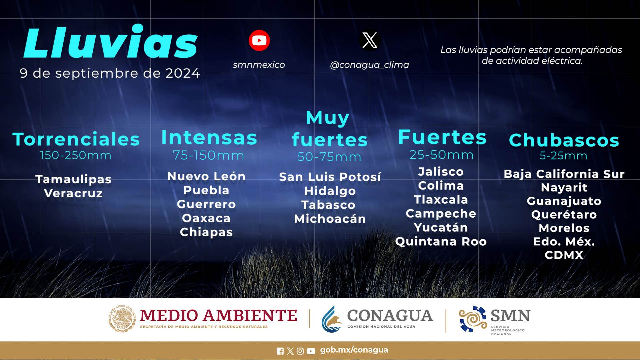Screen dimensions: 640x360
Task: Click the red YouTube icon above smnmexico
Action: tap(259, 40)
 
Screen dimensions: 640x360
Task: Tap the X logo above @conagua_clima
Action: tap(370, 40)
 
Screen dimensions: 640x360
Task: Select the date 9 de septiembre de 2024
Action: tap(110, 73)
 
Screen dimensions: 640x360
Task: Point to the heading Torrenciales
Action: tap(76, 139)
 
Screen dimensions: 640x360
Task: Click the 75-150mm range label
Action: tap(208, 155)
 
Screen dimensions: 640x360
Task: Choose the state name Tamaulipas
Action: tap(73, 179)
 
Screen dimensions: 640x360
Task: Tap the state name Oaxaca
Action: tap(206, 218)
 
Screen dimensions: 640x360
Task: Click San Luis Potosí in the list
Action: tap(330, 177)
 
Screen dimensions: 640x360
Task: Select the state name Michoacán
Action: tap(330, 219)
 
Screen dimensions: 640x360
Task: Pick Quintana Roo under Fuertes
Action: tap(441, 241)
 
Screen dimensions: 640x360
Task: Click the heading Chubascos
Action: tap(564, 140)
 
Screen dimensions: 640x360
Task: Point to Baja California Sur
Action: tap(564, 174)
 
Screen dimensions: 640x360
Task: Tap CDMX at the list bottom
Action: tap(564, 255)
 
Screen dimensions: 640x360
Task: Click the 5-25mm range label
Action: tap(563, 155)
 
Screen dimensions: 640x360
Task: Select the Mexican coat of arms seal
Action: tap(122, 319)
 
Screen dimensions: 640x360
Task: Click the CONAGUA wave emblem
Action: tap(332, 319)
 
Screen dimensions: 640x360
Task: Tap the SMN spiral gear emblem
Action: tap(473, 319)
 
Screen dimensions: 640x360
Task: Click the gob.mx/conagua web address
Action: tap(354, 350)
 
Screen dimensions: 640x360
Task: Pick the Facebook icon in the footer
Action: tap(280, 351)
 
